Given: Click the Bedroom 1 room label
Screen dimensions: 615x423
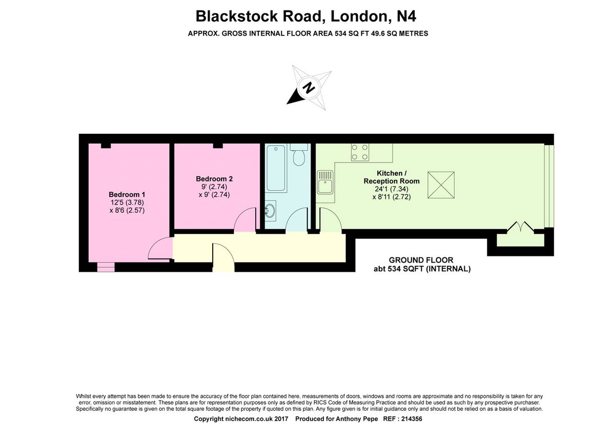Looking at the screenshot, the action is point(127,194).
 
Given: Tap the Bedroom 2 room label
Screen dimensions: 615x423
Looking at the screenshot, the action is point(214,179).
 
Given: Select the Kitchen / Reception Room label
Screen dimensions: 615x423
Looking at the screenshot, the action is point(392,177).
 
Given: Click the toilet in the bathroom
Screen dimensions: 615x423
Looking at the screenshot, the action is point(299,155).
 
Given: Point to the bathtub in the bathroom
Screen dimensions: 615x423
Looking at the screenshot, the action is point(276,168).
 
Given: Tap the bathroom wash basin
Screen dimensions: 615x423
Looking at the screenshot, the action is point(270,211).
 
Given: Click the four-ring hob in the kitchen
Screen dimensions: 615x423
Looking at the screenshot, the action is point(360,152).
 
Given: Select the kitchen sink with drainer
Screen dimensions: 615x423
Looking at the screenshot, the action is point(325,182).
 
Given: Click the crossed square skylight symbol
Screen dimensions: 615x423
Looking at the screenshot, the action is point(441,185).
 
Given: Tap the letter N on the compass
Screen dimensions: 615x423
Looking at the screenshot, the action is point(309,88).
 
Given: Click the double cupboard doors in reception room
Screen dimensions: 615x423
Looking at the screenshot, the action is point(520,227).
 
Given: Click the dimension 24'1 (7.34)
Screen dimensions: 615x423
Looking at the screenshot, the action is point(392,189).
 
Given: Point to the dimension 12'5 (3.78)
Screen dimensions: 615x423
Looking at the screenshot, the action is point(127,203).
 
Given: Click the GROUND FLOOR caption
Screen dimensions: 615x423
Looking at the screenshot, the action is point(421,260).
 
